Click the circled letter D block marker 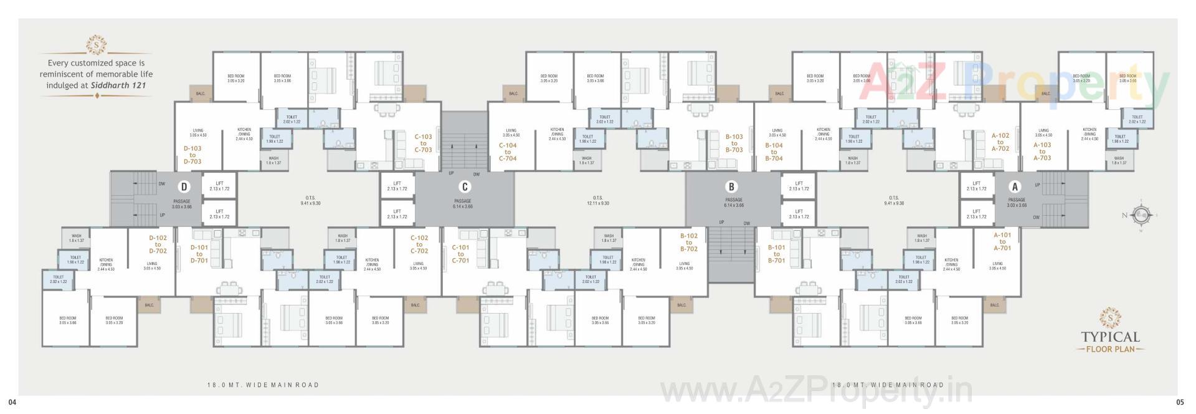pyautogui.click(x=184, y=186)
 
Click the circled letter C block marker pyautogui.click(x=464, y=186)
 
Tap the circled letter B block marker pyautogui.click(x=731, y=186)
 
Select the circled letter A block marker pyautogui.click(x=1015, y=186)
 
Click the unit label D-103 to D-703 pyautogui.click(x=192, y=155)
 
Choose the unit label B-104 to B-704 pyautogui.click(x=774, y=152)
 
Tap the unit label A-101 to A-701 pyautogui.click(x=1002, y=242)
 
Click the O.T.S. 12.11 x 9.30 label pyautogui.click(x=597, y=201)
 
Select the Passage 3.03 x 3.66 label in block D pyautogui.click(x=182, y=204)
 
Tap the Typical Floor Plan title pyautogui.click(x=1110, y=341)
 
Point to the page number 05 pyautogui.click(x=1180, y=402)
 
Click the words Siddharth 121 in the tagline pyautogui.click(x=118, y=85)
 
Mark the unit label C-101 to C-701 pyautogui.click(x=460, y=254)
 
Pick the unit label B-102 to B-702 pyautogui.click(x=689, y=243)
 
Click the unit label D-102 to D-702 pyautogui.click(x=158, y=244)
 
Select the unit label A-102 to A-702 pyautogui.click(x=1000, y=142)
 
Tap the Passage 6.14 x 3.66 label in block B pyautogui.click(x=734, y=203)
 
